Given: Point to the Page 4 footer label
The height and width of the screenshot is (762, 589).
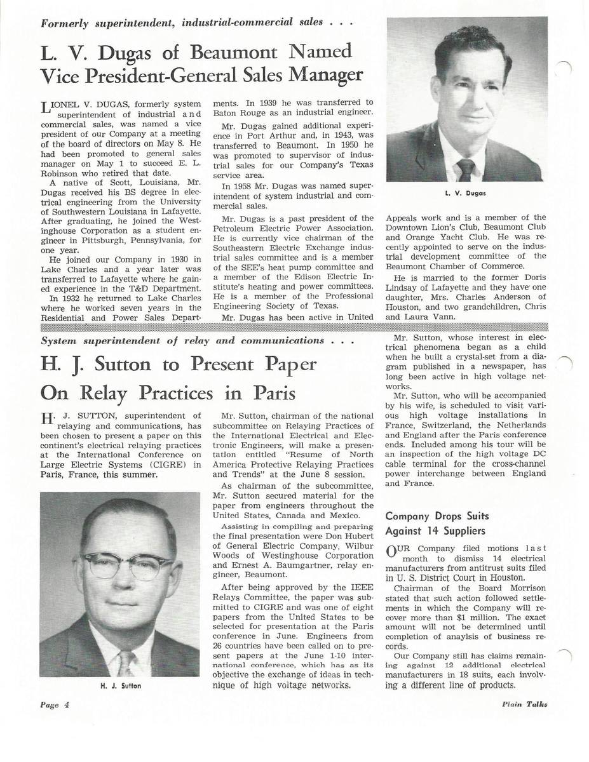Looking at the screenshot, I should pyautogui.click(x=54, y=704).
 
